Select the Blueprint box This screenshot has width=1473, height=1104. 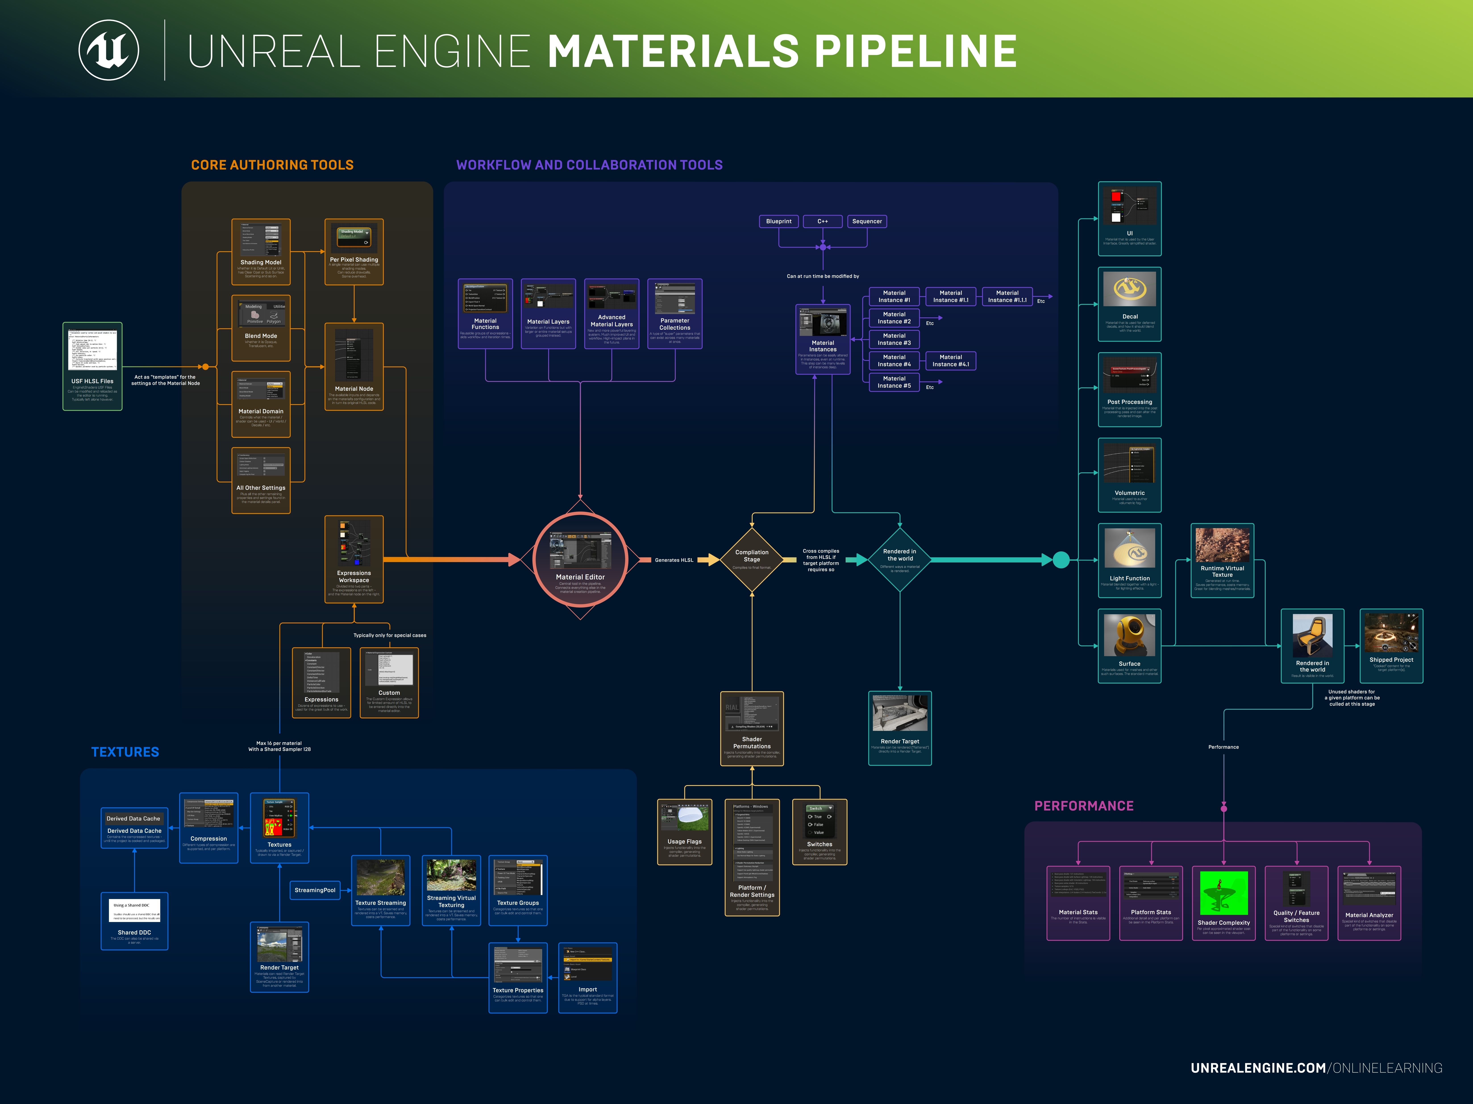click(778, 222)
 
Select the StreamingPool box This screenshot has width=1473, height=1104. click(315, 890)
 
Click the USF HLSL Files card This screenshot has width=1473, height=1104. click(93, 366)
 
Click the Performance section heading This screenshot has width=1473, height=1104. click(1084, 806)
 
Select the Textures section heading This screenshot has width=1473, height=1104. click(125, 752)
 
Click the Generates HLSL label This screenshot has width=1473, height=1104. click(674, 560)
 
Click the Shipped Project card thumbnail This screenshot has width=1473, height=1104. click(1391, 632)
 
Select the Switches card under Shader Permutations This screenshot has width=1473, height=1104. click(819, 832)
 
